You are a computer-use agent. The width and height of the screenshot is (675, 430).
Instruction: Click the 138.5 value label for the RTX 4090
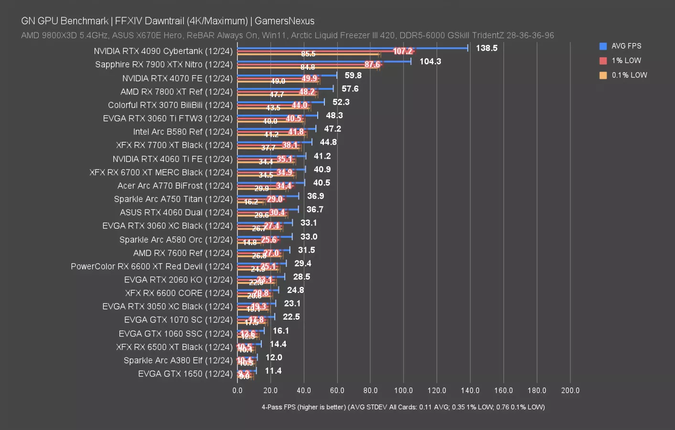point(486,48)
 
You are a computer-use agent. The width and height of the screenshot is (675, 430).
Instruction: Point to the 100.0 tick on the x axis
point(403,390)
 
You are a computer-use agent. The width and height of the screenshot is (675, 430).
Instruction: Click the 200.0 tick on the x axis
point(570,390)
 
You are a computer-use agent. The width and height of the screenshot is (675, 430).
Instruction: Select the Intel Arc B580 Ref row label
point(182,131)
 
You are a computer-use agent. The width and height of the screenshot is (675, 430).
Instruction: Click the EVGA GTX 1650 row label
point(185,374)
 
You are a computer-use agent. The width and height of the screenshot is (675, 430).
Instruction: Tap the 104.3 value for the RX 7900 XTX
point(430,61)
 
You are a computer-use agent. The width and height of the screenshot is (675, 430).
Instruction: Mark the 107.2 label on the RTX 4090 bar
point(403,51)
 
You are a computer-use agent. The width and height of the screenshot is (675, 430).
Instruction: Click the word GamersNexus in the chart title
point(284,21)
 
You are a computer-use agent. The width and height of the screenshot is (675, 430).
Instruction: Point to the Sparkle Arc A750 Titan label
point(173,199)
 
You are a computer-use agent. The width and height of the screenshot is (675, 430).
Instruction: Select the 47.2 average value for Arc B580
point(332,129)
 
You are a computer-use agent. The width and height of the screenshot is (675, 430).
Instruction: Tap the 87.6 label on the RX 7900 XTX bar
point(372,64)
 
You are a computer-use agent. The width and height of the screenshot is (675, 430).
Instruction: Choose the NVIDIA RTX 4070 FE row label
point(177,78)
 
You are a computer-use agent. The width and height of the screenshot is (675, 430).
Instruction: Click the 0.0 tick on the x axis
point(237,390)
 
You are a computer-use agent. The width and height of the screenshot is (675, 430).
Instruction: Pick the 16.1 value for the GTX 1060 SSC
point(281,331)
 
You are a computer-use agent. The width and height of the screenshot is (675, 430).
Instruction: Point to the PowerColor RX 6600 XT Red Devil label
point(151,266)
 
